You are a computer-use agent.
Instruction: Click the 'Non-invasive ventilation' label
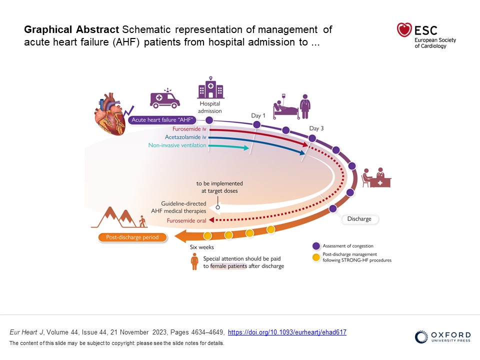click(177, 145)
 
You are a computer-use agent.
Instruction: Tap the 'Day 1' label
click(258, 116)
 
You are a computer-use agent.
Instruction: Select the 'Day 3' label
click(316, 128)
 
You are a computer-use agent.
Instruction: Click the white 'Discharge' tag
click(359, 219)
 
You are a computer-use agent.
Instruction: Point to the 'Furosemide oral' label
click(187, 220)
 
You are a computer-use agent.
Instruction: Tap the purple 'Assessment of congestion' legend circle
click(315, 246)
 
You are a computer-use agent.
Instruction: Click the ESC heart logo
click(404, 30)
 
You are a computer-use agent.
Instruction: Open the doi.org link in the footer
click(287, 332)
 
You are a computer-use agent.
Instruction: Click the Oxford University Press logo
click(442, 337)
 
